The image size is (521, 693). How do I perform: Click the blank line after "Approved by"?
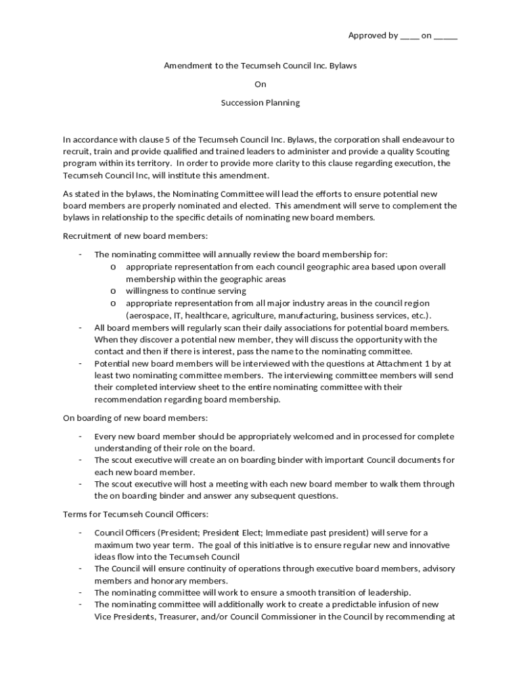pos(409,37)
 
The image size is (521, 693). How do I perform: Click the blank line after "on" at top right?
pos(445,37)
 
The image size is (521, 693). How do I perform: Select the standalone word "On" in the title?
pos(260,85)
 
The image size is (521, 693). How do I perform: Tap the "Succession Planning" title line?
pos(260,104)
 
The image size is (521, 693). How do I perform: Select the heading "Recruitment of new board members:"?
pos(135,236)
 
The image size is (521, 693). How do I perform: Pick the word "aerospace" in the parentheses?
pos(149,315)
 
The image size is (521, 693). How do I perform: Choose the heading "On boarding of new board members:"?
pos(135,418)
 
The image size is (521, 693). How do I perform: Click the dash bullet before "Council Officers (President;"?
pos(81,533)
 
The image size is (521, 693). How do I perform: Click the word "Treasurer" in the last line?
pos(173,617)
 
